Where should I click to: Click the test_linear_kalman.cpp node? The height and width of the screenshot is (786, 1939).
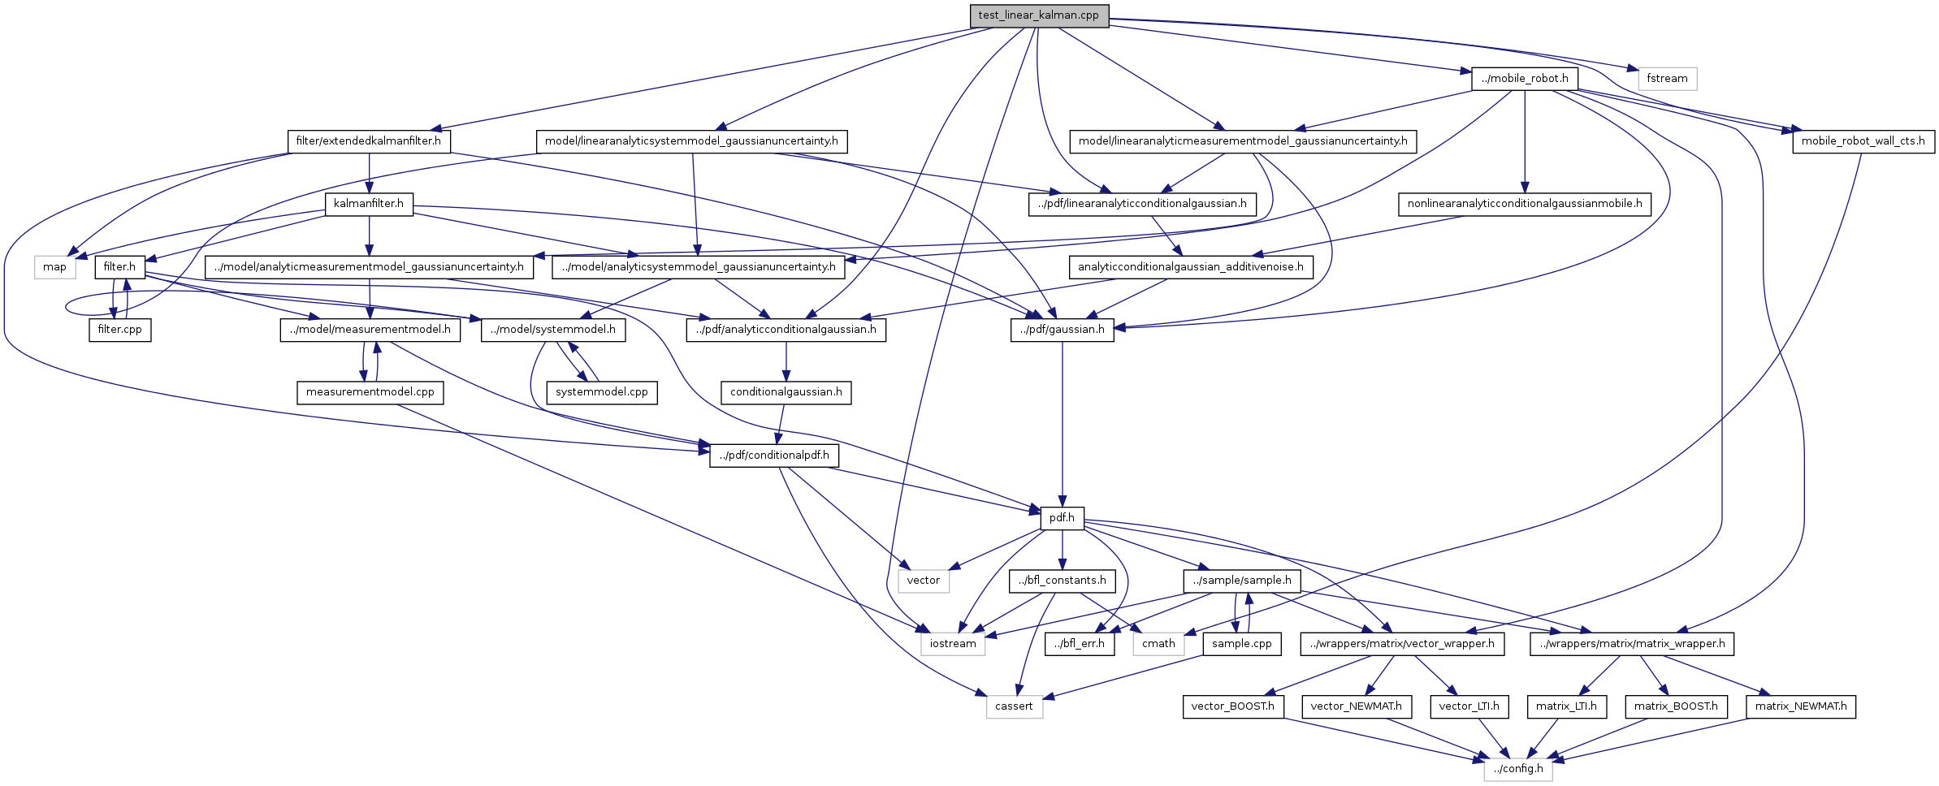[1039, 15]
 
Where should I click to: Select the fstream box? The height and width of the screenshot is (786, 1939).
[1667, 79]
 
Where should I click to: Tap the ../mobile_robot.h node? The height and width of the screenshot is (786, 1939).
[1524, 79]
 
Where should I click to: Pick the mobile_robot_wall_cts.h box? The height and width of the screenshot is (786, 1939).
[1863, 141]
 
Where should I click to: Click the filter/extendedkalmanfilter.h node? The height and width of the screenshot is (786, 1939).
[369, 141]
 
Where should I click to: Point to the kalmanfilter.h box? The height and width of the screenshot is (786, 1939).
[369, 204]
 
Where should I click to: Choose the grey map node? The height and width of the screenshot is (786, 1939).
[54, 267]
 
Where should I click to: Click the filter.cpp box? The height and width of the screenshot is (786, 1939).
[119, 330]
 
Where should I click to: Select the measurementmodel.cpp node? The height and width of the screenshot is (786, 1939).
[370, 392]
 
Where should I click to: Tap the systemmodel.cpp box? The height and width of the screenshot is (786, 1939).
[601, 392]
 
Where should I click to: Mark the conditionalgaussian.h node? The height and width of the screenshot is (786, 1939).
[786, 392]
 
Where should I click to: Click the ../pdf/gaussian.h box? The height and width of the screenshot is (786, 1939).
[1062, 330]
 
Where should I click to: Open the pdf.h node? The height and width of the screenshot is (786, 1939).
[1062, 518]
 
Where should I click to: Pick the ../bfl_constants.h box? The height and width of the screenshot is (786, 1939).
[1062, 581]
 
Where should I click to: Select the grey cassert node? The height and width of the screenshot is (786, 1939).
[1014, 706]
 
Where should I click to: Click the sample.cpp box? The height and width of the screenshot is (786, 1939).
[1241, 644]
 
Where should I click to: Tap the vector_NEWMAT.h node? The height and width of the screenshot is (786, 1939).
[1356, 706]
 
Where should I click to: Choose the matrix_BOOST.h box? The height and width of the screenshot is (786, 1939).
[1675, 706]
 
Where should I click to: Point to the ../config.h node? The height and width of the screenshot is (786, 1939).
[1517, 769]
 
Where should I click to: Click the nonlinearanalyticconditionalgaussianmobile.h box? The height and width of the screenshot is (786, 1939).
[1524, 204]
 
